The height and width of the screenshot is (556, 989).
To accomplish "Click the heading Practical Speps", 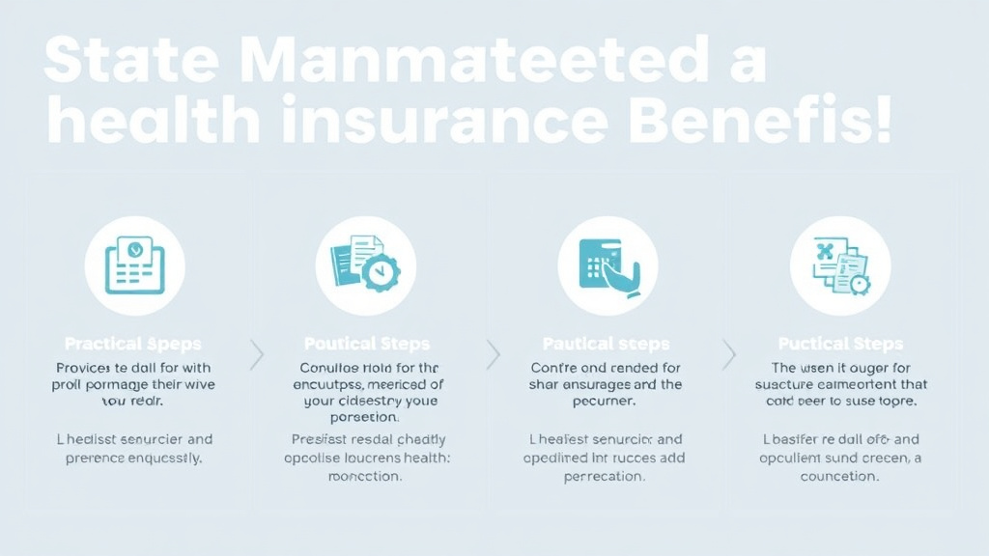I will pos(133,344).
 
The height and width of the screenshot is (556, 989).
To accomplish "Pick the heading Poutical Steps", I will pos(367,344).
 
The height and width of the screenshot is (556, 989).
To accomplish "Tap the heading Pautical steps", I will pos(607,344).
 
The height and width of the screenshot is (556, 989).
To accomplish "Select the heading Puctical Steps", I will pos(840,344).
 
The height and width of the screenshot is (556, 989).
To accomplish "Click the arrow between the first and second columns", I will pos(257,355).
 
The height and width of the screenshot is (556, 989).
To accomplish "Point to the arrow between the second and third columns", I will pos(494,355).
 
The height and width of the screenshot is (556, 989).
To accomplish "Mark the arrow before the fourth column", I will pos(729,355).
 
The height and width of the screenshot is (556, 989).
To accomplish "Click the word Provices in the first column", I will pos(84,368).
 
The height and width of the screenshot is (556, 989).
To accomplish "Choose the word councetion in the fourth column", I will pos(839,476).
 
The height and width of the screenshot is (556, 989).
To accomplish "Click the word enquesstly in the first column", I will pos(159,459).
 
